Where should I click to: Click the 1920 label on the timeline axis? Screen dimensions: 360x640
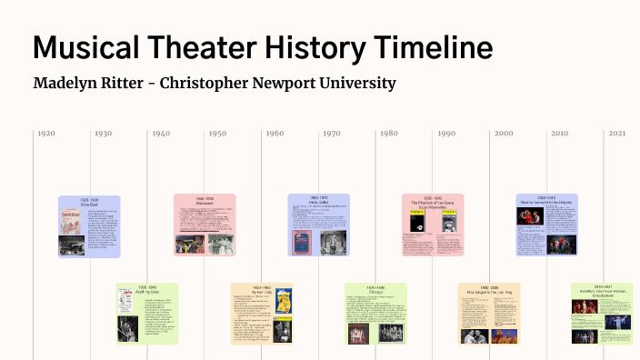45,134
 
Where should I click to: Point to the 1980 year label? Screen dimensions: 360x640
389,134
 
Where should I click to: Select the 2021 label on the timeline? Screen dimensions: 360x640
617,134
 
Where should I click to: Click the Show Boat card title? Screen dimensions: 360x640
89,204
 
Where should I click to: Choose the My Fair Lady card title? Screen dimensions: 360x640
261,292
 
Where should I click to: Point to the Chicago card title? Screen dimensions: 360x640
375,292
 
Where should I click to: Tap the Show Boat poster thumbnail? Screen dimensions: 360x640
69,222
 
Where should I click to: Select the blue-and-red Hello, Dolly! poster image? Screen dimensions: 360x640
301,243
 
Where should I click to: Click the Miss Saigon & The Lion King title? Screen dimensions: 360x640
489,292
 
